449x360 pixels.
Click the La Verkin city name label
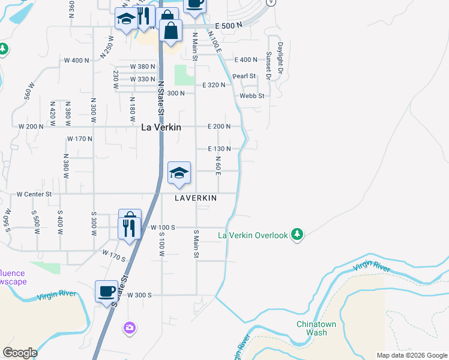pyautogui.click(x=161, y=127)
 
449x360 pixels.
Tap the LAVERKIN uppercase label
pyautogui.click(x=196, y=197)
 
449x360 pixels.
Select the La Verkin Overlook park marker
pyautogui.click(x=296, y=234)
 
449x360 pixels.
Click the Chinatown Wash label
pyautogui.click(x=312, y=328)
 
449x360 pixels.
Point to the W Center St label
pyautogui.click(x=34, y=194)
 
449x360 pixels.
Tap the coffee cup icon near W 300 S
pyautogui.click(x=107, y=292)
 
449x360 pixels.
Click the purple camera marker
pyautogui.click(x=129, y=328)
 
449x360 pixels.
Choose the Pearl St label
pyautogui.click(x=244, y=76)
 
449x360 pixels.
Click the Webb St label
pyautogui.click(x=252, y=96)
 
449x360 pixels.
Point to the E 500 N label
pyautogui.click(x=228, y=26)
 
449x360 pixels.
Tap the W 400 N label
pyautogui.click(x=76, y=61)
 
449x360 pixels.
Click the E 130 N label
pyautogui.click(x=219, y=148)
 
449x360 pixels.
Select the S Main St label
pyautogui.click(x=196, y=243)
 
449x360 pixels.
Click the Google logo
pyautogui.click(x=20, y=353)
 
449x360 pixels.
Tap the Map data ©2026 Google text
pyautogui.click(x=412, y=355)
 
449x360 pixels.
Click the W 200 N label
pyautogui.click(x=31, y=127)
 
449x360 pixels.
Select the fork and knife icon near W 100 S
pyautogui.click(x=130, y=228)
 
